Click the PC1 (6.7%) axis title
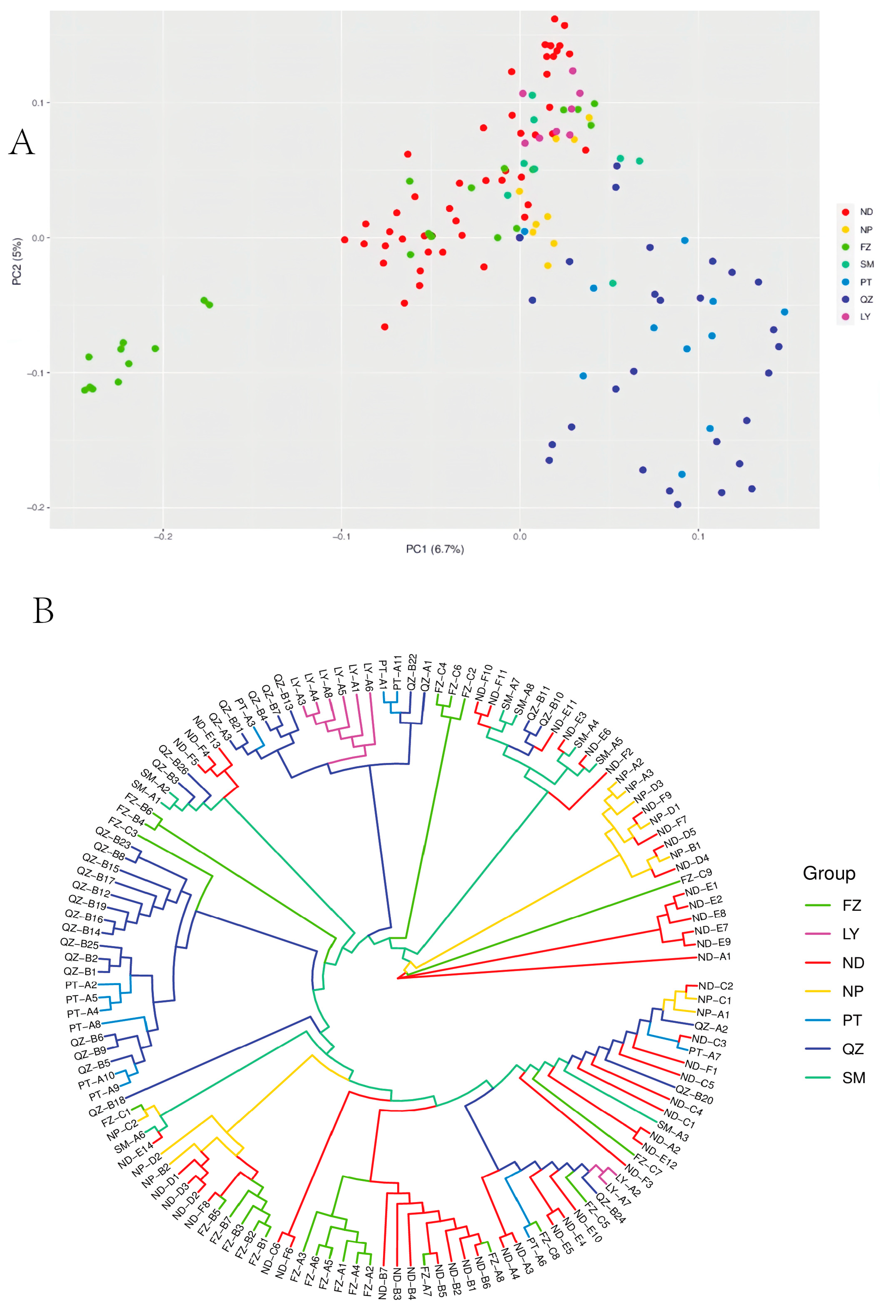(x=435, y=549)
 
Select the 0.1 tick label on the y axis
(x=37, y=103)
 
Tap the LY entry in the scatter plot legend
(x=865, y=317)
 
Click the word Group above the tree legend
(x=829, y=873)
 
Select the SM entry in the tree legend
(x=853, y=1078)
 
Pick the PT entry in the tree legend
(x=851, y=1020)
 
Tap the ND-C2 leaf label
(x=715, y=986)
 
